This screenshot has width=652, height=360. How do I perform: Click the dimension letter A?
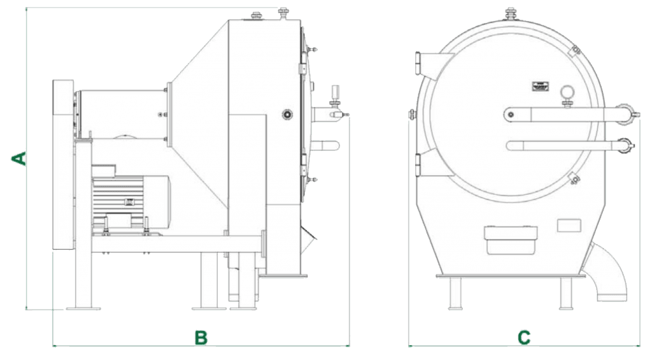coord(18,159)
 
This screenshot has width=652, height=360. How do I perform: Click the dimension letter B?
coord(201,338)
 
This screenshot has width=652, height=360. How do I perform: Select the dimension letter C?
coord(524,338)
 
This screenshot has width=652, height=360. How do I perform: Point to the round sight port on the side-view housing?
coord(287,114)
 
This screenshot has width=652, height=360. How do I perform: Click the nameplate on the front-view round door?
coord(541,87)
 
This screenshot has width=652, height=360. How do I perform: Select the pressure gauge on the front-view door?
coord(567,92)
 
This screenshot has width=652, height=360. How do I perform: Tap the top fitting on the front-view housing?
coord(511,13)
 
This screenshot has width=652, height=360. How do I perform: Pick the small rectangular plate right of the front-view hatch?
coord(569,225)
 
